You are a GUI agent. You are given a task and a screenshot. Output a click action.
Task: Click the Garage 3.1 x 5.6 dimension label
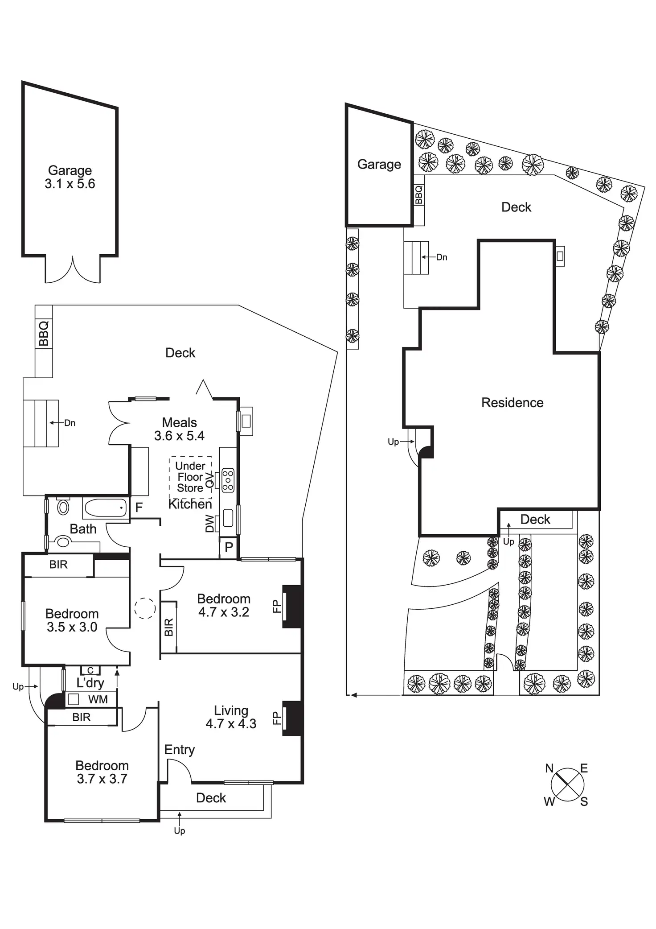coord(70,177)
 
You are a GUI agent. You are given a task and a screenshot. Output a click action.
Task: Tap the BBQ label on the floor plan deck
coord(44,333)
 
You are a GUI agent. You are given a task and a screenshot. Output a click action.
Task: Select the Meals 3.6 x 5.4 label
coord(179,429)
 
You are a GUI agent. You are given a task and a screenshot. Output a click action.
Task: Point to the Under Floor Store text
coord(190,477)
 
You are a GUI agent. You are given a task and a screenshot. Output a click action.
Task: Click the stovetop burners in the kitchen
coord(228,480)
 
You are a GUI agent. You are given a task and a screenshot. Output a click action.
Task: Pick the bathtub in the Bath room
coord(106,508)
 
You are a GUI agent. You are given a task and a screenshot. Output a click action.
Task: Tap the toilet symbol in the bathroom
coord(64,505)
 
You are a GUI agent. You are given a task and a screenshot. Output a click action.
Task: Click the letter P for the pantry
coord(229,547)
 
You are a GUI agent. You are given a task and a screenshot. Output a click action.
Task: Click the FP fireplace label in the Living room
coord(276,718)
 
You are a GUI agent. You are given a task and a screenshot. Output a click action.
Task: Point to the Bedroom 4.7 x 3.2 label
coord(224,605)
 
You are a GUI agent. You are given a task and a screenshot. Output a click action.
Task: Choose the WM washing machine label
coord(98,699)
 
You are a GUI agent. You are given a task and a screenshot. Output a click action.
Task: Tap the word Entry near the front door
coord(180,750)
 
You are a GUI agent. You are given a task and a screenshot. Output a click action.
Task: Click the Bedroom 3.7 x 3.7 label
coord(102,772)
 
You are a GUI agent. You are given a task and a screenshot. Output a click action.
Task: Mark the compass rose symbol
coord(567,784)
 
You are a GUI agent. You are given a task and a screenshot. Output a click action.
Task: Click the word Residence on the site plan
coord(512,403)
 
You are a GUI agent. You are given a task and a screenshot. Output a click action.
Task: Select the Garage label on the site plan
coord(379,165)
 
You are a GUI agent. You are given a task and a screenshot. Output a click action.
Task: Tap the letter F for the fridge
coord(139,507)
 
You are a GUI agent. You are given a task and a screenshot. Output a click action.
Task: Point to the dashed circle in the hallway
coord(145,608)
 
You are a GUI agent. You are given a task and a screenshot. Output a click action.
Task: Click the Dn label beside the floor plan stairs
coord(70,423)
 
